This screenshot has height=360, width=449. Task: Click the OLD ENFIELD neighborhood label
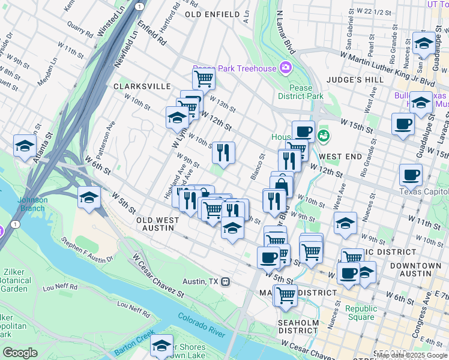209,13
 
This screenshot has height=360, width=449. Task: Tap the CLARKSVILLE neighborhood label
142,86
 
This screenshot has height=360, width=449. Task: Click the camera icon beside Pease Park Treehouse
285,67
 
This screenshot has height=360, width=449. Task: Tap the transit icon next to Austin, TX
226,281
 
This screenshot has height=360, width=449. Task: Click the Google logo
20,353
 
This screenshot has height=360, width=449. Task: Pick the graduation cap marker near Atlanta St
25,146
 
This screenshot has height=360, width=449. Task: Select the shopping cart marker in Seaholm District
285,295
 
